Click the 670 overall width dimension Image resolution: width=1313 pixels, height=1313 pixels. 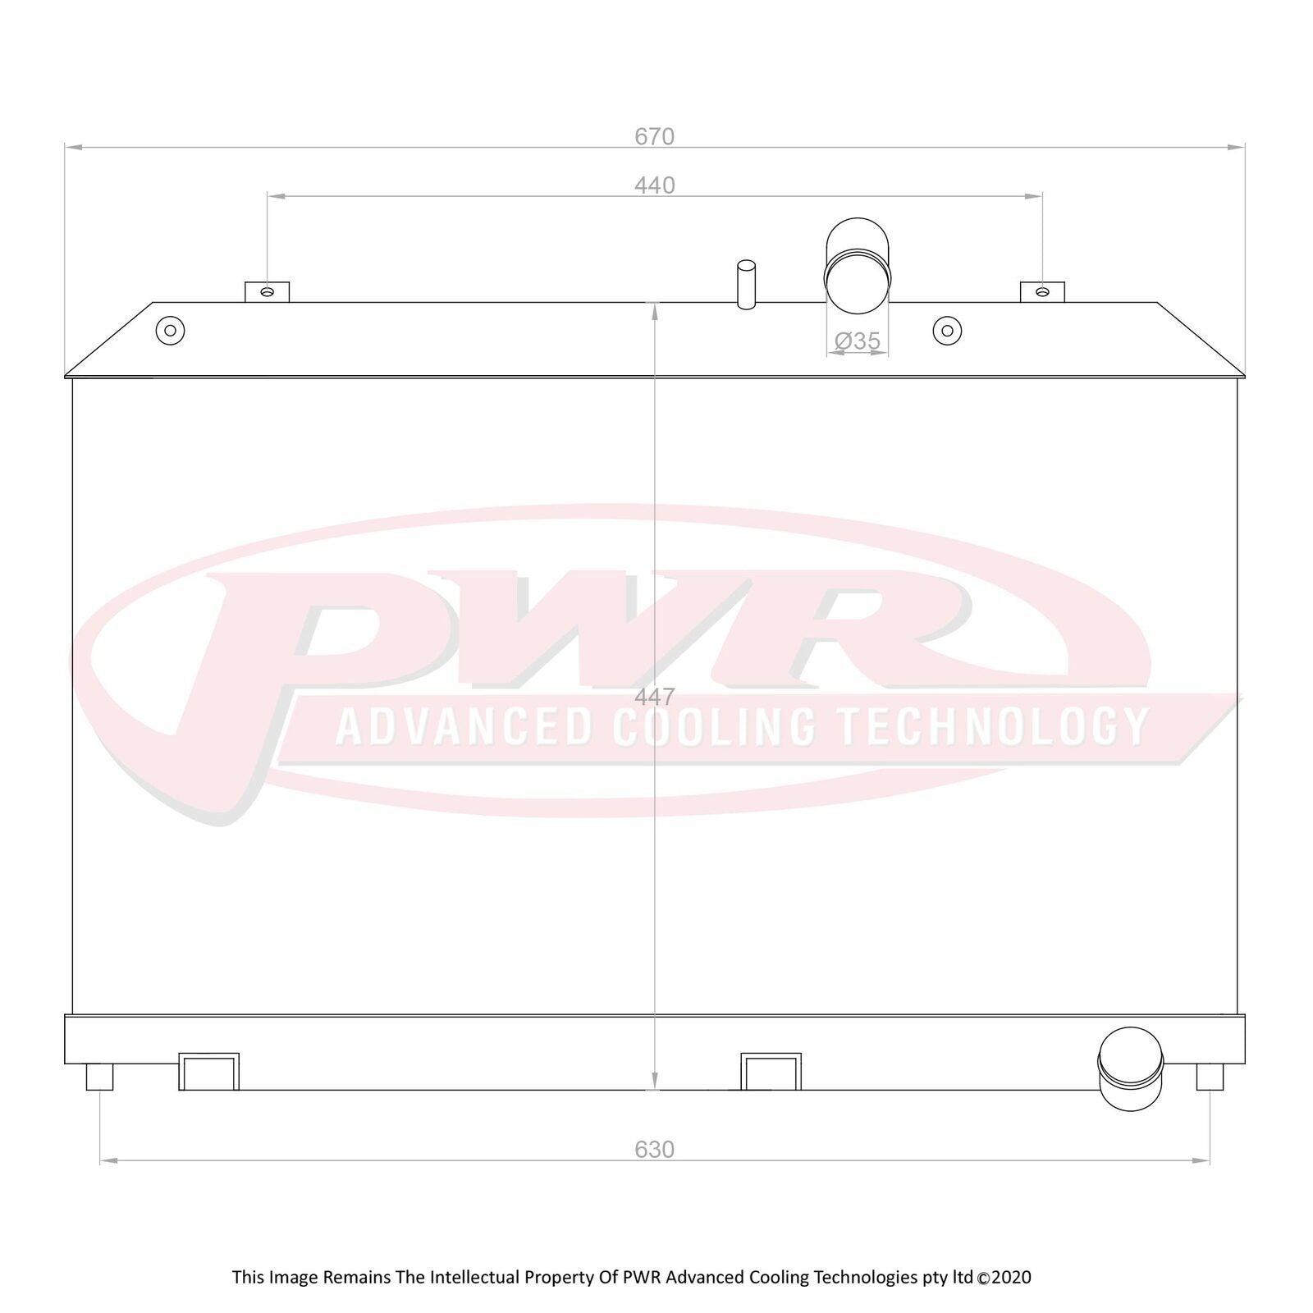pos(654,136)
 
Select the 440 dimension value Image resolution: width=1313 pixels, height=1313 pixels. pos(654,185)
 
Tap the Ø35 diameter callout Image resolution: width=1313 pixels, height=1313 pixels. pos(858,340)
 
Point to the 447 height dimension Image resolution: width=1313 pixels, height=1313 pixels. pos(654,697)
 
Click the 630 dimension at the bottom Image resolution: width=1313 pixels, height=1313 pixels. pos(654,1150)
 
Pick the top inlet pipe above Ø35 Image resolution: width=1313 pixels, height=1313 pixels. pos(858,264)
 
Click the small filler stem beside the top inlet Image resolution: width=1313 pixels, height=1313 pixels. pos(746,285)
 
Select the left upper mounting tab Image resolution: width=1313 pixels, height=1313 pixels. pos(267,292)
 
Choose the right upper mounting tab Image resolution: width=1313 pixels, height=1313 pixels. pos(1042,292)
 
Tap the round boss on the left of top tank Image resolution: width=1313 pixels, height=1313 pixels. pos(170,331)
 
